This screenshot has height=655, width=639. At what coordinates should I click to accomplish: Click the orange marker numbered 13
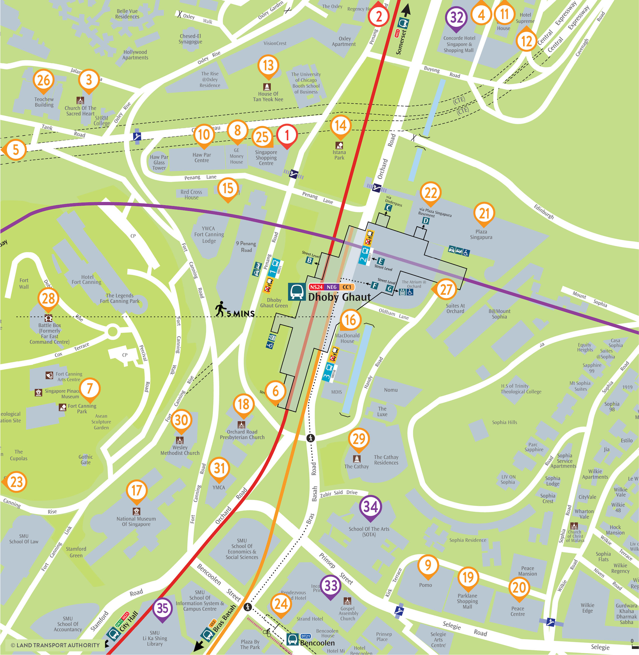(x=268, y=65)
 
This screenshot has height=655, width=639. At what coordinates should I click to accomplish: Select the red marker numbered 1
(x=287, y=135)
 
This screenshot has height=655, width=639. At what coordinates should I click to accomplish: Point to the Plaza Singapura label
(x=481, y=234)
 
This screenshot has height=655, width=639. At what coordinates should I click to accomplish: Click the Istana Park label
(x=339, y=155)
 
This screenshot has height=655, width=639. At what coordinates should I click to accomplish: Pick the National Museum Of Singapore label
(x=136, y=521)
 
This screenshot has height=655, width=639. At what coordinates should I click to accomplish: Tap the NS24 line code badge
(x=316, y=287)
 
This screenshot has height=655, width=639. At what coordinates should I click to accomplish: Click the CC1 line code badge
(x=347, y=287)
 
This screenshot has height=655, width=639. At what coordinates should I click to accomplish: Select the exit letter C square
(x=388, y=208)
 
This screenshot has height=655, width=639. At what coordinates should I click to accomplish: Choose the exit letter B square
(x=309, y=260)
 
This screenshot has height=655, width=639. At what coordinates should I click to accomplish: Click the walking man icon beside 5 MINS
(x=220, y=308)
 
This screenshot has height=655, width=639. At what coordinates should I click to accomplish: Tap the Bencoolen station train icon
(x=292, y=638)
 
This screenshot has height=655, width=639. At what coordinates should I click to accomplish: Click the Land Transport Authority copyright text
(x=55, y=645)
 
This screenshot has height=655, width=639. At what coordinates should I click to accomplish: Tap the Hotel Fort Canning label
(x=87, y=280)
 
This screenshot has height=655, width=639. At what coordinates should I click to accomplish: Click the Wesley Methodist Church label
(x=180, y=450)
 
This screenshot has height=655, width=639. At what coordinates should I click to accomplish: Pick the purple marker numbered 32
(x=456, y=17)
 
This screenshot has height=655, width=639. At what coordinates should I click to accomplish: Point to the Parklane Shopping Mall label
(x=467, y=601)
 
